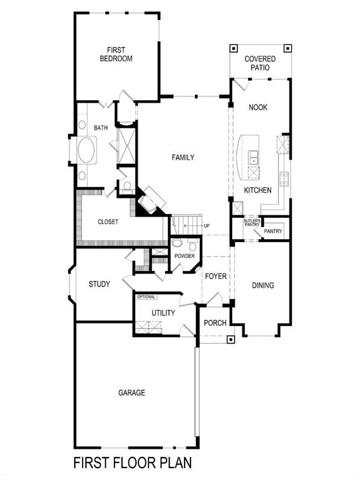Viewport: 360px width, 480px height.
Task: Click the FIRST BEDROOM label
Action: (116, 54)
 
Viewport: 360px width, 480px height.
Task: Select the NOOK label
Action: (257, 108)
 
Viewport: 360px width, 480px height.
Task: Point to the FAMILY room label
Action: (183, 158)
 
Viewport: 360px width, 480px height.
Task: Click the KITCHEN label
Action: (257, 190)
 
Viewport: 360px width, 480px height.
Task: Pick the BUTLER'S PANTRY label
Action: (252, 223)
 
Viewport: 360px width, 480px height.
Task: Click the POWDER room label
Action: (184, 257)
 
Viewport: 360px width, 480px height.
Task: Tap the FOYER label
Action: (215, 276)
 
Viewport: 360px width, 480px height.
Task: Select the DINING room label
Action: (263, 285)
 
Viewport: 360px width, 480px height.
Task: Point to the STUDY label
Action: (99, 284)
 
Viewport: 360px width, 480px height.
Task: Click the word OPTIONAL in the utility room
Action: (146, 297)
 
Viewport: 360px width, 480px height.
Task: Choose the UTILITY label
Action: (163, 313)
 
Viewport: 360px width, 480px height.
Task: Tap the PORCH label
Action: (215, 323)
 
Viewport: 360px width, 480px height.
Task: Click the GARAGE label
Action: (131, 393)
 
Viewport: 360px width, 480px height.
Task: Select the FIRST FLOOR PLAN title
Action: (132, 464)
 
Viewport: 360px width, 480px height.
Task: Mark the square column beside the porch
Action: (230, 340)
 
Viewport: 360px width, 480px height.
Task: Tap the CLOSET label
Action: (108, 222)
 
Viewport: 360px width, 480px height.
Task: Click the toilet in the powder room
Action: (177, 243)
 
